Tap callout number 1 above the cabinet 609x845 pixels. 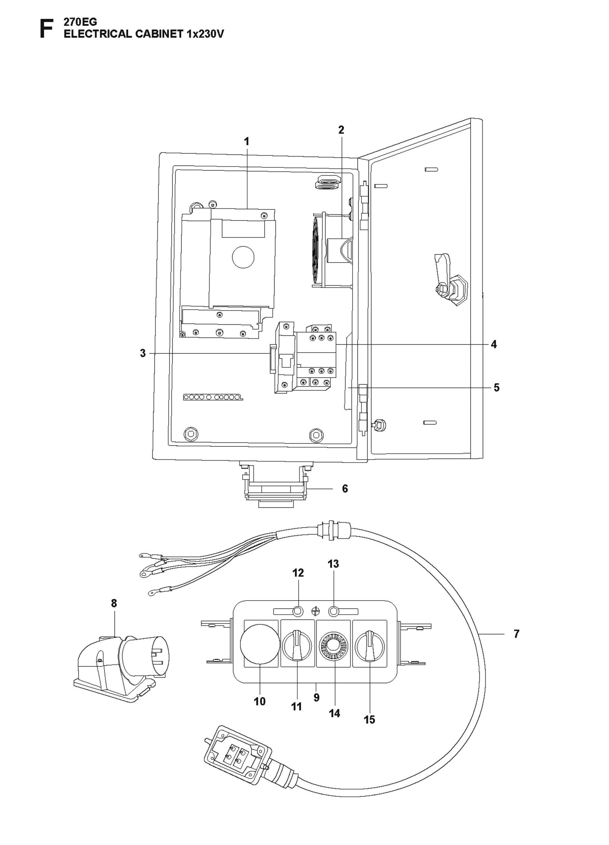(x=246, y=141)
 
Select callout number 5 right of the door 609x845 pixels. (x=497, y=387)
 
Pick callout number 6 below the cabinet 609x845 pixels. (x=345, y=489)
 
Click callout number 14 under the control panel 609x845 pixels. (x=335, y=713)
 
